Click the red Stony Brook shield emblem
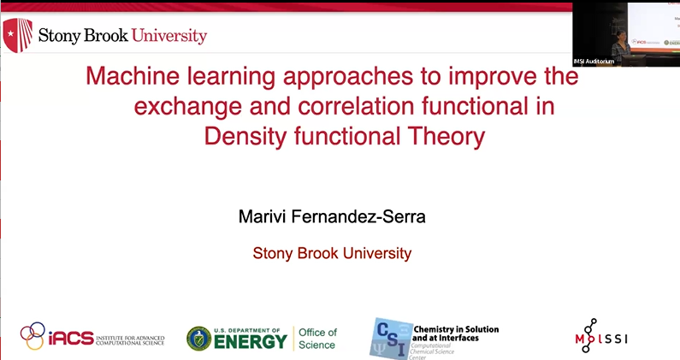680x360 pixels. [x=19, y=35]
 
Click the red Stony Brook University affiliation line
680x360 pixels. [x=332, y=253]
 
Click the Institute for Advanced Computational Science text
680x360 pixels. [x=131, y=339]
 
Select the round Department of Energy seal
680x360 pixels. [x=199, y=339]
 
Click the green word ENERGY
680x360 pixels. [x=251, y=342]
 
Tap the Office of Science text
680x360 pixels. [x=316, y=339]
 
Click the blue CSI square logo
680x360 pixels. [x=389, y=337]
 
